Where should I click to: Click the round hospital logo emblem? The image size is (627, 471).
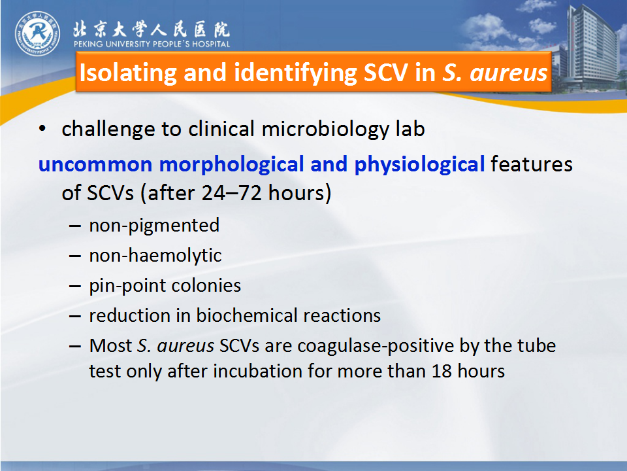point(38,33)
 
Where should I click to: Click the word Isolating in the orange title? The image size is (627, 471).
point(128,73)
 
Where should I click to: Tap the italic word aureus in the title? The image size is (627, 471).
point(509,73)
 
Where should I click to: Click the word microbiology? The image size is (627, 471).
point(325,130)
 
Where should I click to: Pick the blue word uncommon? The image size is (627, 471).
point(95,165)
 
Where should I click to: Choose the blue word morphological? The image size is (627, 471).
point(232,165)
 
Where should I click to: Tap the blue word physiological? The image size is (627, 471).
point(419,165)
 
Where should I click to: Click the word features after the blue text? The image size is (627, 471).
point(532,164)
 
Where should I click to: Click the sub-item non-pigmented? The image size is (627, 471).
point(154,226)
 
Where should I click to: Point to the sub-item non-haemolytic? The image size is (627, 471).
point(155,256)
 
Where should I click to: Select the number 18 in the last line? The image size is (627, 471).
point(442,372)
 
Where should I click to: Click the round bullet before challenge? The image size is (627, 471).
point(42,129)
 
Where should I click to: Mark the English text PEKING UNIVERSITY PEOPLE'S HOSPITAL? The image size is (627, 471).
point(152,44)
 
